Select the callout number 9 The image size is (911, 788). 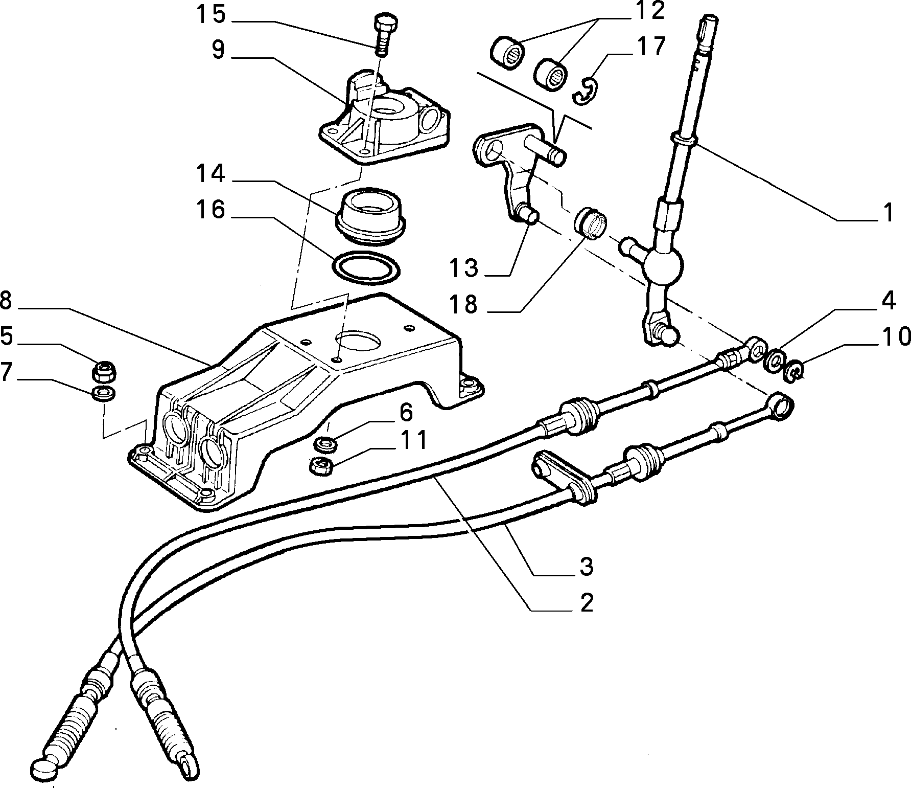[x=218, y=50]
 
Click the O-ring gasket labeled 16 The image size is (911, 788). [x=366, y=267]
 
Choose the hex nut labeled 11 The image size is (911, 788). [x=322, y=466]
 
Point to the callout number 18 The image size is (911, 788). [x=463, y=304]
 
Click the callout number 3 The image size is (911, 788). [x=586, y=566]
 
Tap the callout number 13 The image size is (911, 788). [x=463, y=267]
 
